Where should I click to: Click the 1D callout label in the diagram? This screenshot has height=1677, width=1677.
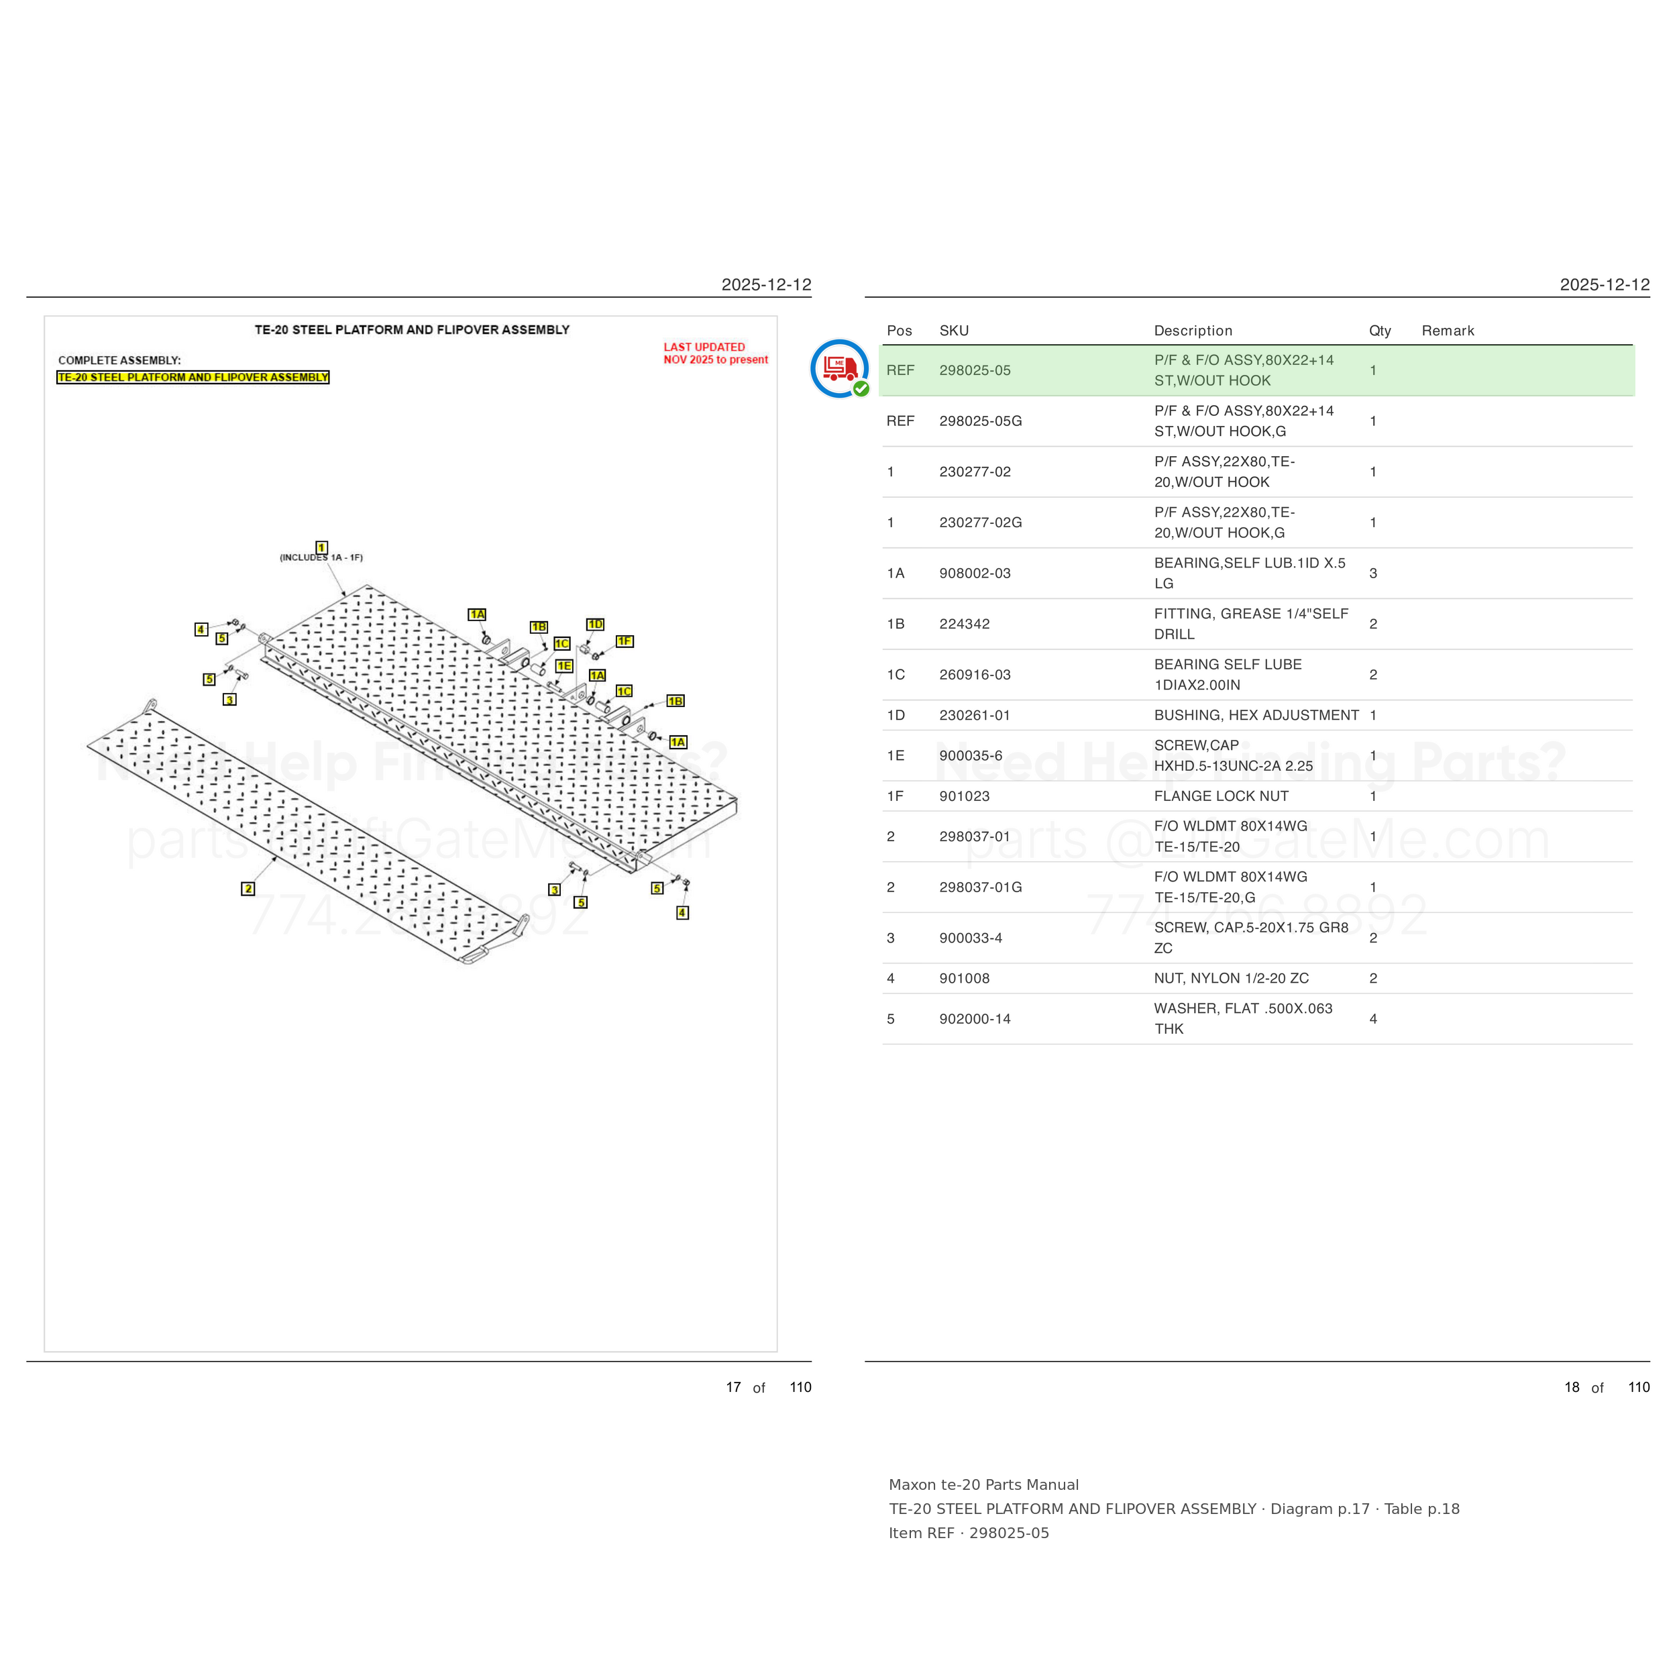(594, 624)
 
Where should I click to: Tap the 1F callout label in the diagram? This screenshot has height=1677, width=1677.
(624, 641)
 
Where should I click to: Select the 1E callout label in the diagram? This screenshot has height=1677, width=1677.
(564, 665)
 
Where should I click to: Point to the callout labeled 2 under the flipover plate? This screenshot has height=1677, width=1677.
(248, 888)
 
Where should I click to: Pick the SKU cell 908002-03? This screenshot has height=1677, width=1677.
(975, 573)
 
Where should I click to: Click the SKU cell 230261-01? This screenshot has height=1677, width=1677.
(975, 715)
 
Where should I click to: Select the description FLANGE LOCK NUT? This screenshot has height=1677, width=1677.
(1220, 796)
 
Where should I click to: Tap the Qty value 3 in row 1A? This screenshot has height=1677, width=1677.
(1373, 573)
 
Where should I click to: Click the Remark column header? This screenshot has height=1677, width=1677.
(1448, 331)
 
